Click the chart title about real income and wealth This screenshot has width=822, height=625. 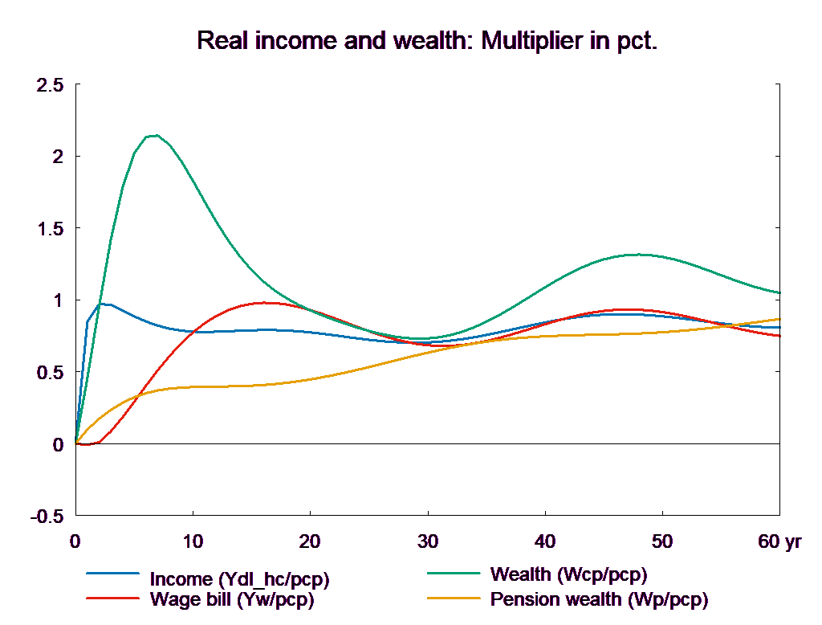pyautogui.click(x=427, y=41)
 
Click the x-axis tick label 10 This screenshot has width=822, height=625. pyautogui.click(x=193, y=542)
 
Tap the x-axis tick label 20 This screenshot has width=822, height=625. pyautogui.click(x=310, y=542)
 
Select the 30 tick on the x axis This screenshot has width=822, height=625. pyautogui.click(x=428, y=542)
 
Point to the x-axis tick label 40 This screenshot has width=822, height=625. pyautogui.click(x=545, y=542)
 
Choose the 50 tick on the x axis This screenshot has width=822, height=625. pyautogui.click(x=662, y=542)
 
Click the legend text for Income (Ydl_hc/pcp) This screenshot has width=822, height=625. pyautogui.click(x=239, y=579)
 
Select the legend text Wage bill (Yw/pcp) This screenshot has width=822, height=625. pyautogui.click(x=232, y=599)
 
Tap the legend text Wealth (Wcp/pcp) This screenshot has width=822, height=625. pyautogui.click(x=568, y=575)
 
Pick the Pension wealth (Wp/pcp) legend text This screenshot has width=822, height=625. pyautogui.click(x=599, y=599)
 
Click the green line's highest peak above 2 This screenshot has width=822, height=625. pyautogui.click(x=155, y=135)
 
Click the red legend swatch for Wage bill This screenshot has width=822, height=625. pyautogui.click(x=112, y=598)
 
